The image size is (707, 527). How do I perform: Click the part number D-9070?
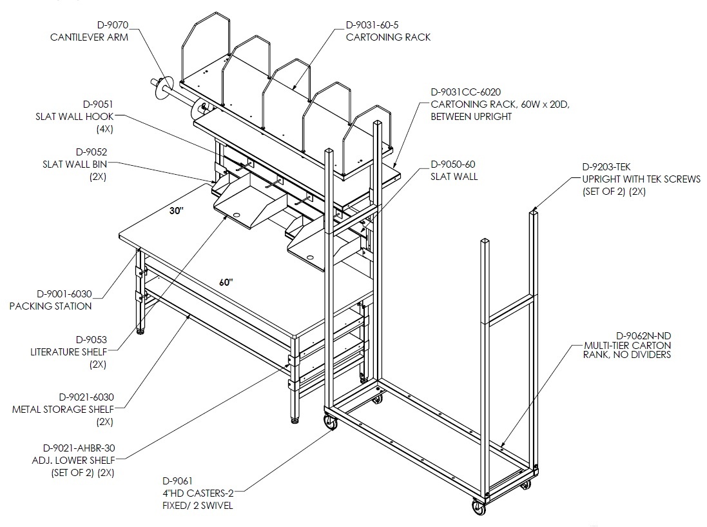[x=112, y=25]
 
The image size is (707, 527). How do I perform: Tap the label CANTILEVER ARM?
[x=90, y=37]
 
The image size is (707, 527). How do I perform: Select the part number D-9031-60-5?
[x=372, y=25]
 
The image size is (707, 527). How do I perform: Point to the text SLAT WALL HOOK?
[x=75, y=116]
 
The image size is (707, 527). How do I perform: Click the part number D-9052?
[x=92, y=152]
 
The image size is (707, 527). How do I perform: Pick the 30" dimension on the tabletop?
[x=177, y=211]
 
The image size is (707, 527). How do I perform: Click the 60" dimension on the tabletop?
[x=226, y=283]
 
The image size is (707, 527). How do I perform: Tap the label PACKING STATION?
[x=50, y=306]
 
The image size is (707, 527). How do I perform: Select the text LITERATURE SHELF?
[x=69, y=352]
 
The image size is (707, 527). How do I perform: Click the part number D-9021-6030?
[x=86, y=397]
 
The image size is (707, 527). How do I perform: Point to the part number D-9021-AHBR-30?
[x=79, y=448]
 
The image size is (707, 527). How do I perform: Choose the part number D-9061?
[x=178, y=481]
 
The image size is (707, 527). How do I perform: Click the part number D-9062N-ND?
[x=643, y=335]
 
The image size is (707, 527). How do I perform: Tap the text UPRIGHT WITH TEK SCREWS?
[x=642, y=179]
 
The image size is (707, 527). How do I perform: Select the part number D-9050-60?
[x=453, y=164]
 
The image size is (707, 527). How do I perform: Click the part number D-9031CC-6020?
[x=466, y=92]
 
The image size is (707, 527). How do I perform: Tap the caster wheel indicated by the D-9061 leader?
[x=331, y=423]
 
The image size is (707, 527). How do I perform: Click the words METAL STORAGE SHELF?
[x=63, y=409]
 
